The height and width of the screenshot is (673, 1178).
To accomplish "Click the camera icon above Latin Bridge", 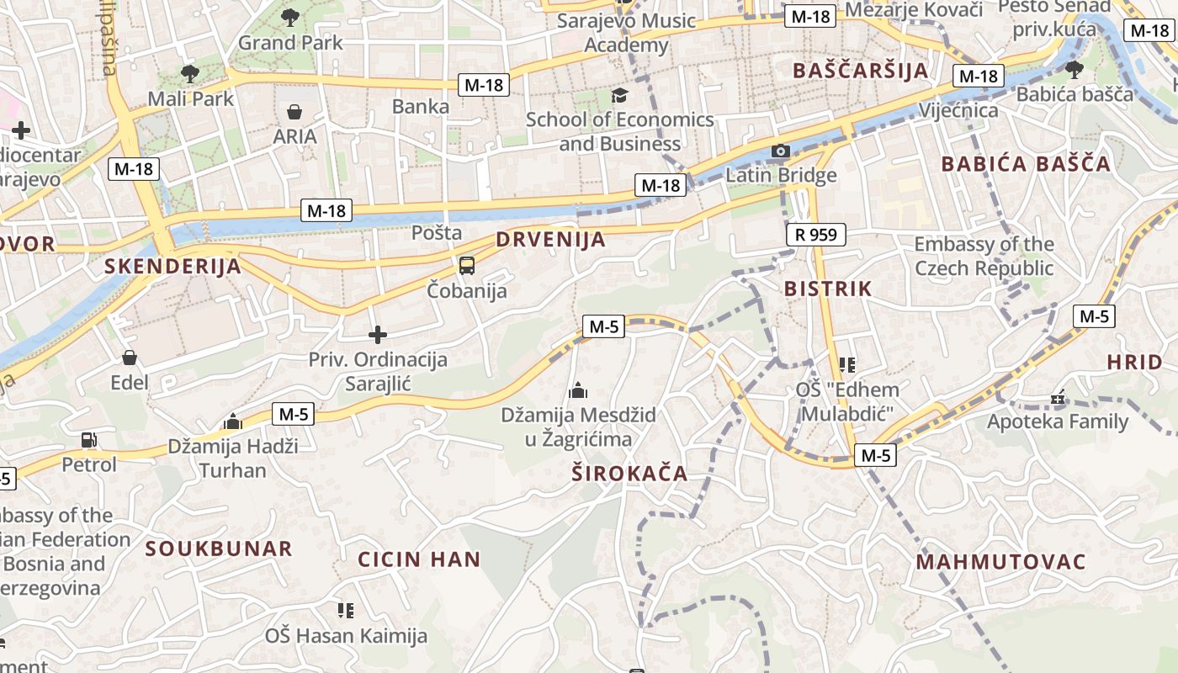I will pyautogui.click(x=781, y=151).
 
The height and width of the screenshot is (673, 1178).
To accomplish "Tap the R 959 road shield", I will pyautogui.click(x=815, y=235).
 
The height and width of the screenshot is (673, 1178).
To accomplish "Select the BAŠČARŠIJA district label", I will pyautogui.click(x=860, y=70).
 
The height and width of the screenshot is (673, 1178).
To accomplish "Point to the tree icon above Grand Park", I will pyautogui.click(x=290, y=17).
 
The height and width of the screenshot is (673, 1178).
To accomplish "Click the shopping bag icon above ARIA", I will pyautogui.click(x=294, y=112).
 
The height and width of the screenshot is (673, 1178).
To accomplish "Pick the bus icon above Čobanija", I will pyautogui.click(x=466, y=266).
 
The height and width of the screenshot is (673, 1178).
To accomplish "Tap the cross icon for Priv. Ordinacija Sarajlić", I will pyautogui.click(x=378, y=335).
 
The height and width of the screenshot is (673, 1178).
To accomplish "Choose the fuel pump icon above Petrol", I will pyautogui.click(x=88, y=440).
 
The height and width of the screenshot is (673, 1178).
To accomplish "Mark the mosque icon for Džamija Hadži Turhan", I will pyautogui.click(x=233, y=422).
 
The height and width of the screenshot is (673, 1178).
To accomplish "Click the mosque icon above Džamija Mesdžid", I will pyautogui.click(x=578, y=390).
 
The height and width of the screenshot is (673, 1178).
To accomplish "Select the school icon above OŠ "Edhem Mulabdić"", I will pyautogui.click(x=847, y=365).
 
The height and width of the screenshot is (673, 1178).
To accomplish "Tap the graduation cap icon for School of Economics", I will pyautogui.click(x=620, y=95).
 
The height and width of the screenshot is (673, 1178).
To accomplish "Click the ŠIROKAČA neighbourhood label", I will pyautogui.click(x=629, y=474).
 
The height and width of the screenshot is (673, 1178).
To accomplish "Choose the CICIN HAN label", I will pyautogui.click(x=419, y=559).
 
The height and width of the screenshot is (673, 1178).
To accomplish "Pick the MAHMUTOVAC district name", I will pyautogui.click(x=1001, y=562).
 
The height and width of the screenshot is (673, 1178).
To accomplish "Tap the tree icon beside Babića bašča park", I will pyautogui.click(x=1074, y=69).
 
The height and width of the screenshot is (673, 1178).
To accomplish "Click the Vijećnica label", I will pyautogui.click(x=958, y=110).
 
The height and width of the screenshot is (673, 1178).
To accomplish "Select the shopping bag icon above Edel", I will pyautogui.click(x=130, y=358).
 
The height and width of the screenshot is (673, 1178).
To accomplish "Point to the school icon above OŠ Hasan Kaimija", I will pyautogui.click(x=346, y=610).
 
